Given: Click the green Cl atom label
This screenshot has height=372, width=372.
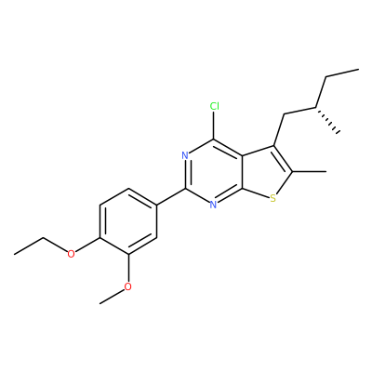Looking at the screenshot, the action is pos(214,106).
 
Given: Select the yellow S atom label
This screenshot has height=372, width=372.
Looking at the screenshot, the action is pos(272,198).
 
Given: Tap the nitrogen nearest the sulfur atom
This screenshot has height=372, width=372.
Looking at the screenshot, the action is pos(213,205).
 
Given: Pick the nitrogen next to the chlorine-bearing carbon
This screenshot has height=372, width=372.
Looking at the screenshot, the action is pos(185,155).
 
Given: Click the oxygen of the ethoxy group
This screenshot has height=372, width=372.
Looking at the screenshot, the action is pos(72,254).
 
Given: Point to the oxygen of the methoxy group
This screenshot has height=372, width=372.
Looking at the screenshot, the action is pos(127,286).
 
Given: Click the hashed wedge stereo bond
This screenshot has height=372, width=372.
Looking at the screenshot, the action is pos(328,121).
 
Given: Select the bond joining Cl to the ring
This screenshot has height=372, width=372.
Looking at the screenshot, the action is pos(214,126).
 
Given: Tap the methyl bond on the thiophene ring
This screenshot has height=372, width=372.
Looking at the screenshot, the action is pos(309,171).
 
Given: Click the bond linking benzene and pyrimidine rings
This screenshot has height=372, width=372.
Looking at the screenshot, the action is pos(170,196).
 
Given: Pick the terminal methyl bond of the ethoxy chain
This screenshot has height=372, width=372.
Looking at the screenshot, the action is pos(29,246).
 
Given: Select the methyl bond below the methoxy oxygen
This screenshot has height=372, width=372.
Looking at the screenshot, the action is pos(112,296).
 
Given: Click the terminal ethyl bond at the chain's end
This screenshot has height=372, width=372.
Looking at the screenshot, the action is pos(342,73).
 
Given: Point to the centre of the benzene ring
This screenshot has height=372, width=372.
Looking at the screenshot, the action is pos(127,221).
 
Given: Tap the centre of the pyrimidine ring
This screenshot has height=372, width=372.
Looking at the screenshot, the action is pos(214,171).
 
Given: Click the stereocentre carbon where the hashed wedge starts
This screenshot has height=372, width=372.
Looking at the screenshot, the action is pos(316,108).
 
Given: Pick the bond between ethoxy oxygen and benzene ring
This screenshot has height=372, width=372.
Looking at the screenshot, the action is pos(87,245).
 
